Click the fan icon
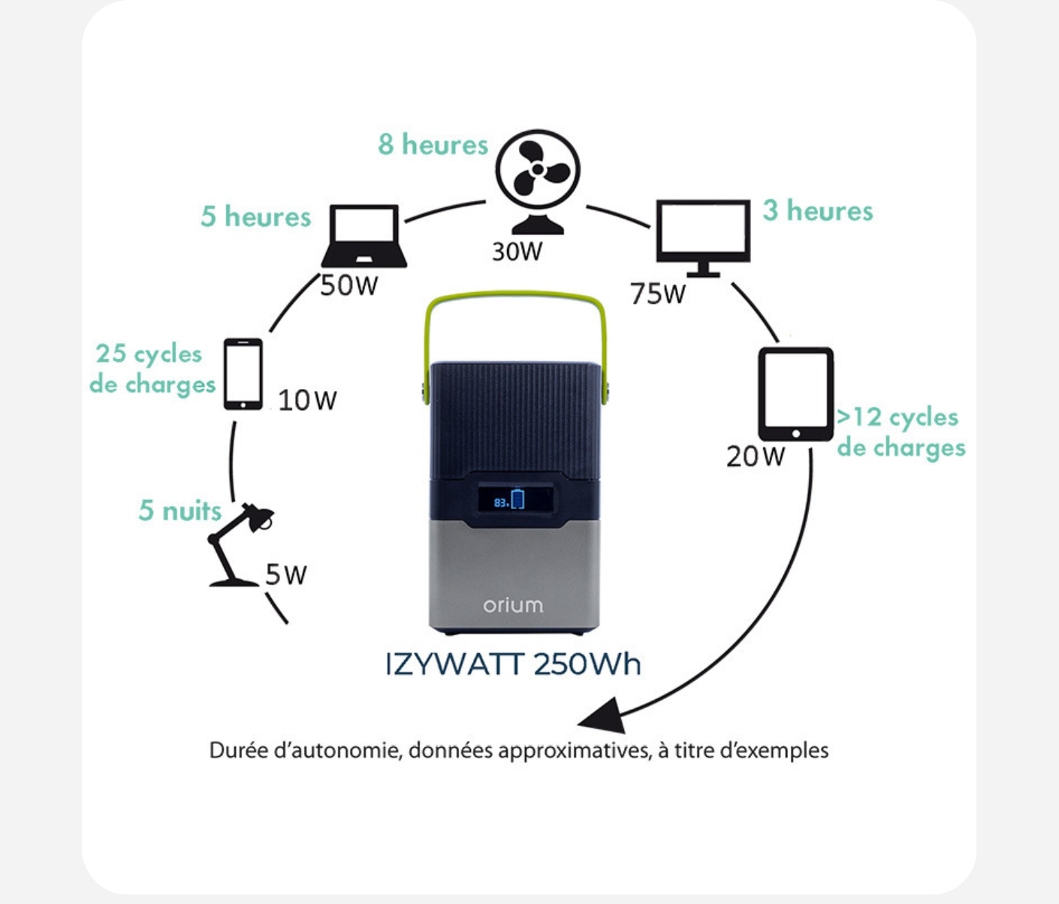538,180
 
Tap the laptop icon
364,236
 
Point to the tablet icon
796,393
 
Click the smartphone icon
243,374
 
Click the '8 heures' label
433,144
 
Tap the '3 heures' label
818,211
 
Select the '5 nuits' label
180,511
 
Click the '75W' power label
658,294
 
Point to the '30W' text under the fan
517,252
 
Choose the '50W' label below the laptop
348,285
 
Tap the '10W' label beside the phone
307,400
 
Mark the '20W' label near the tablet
756,457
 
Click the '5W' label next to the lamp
286,575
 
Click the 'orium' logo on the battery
513,604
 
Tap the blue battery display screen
515,500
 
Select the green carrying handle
515,298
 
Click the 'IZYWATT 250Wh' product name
514,664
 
